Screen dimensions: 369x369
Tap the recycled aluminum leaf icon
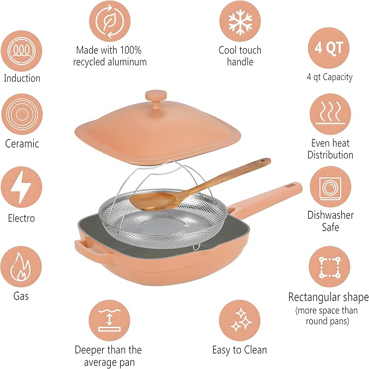point(111,22)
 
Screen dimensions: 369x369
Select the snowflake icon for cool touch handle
point(240,22)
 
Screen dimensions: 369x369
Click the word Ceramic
point(22,144)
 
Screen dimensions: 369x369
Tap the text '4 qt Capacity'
point(329,77)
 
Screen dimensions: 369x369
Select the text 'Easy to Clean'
point(240,350)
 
